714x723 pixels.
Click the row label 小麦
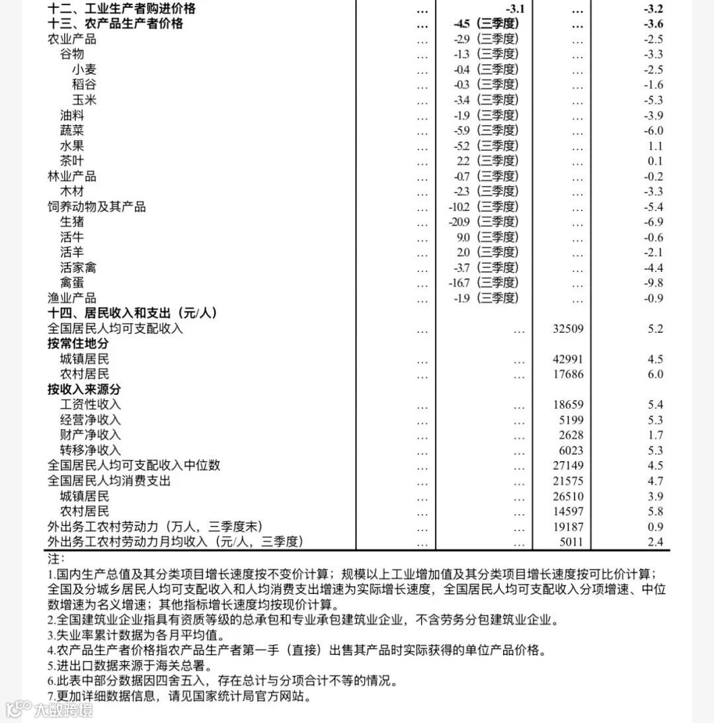pyautogui.click(x=85, y=69)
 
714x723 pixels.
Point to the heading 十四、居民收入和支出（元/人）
pyautogui.click(x=132, y=313)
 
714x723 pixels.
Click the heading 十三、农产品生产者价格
pyautogui.click(x=115, y=24)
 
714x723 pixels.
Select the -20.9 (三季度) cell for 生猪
pyautogui.click(x=483, y=222)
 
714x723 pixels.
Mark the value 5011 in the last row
pyautogui.click(x=571, y=542)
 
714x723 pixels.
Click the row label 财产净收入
pyautogui.click(x=91, y=435)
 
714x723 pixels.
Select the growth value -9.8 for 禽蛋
pyautogui.click(x=653, y=283)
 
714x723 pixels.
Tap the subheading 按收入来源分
pyautogui.click(x=84, y=390)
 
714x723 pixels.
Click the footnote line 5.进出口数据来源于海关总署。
pyautogui.click(x=143, y=665)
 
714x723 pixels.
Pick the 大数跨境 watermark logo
pyautogui.click(x=50, y=710)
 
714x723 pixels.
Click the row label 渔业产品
pyautogui.click(x=72, y=298)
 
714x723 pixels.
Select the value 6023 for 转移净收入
pyautogui.click(x=571, y=451)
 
